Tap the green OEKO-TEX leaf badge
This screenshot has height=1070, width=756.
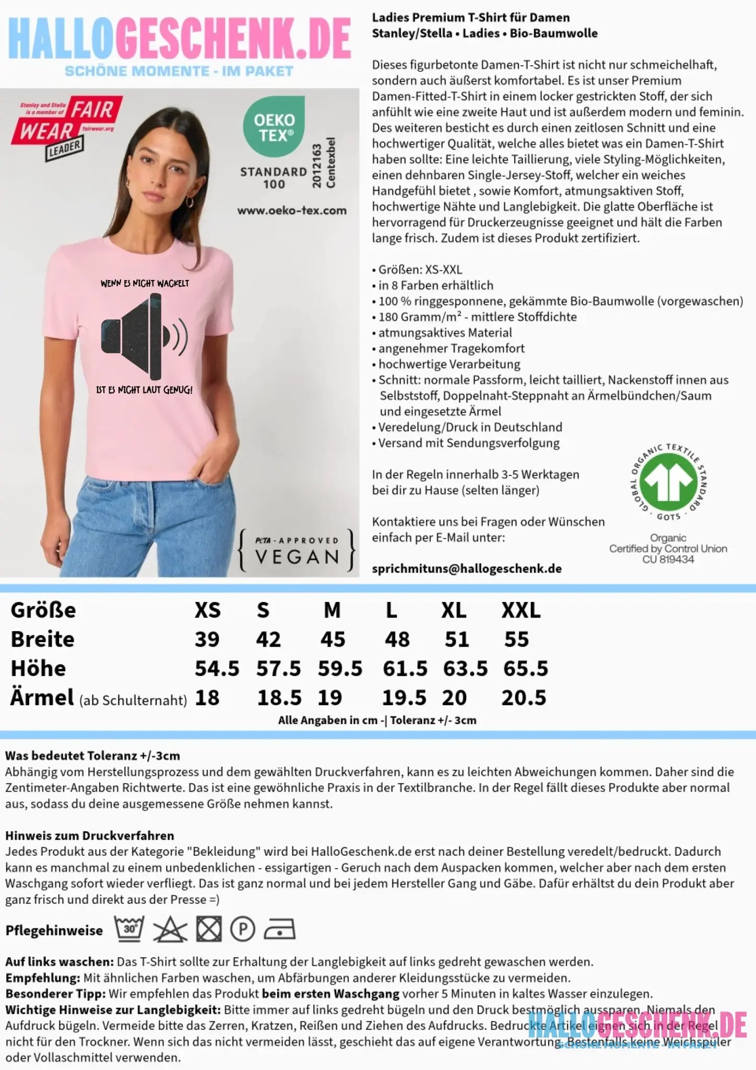274,126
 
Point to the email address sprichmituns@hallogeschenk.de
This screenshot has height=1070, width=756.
467,569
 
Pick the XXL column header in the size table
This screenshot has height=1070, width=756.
521,610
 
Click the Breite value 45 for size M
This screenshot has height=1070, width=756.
333,639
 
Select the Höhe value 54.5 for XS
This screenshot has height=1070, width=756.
217,669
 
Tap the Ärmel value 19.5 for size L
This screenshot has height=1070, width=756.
404,698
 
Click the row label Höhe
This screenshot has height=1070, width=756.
38,669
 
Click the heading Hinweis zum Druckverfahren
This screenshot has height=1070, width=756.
89,835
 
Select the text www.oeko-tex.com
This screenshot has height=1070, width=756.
292,211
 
